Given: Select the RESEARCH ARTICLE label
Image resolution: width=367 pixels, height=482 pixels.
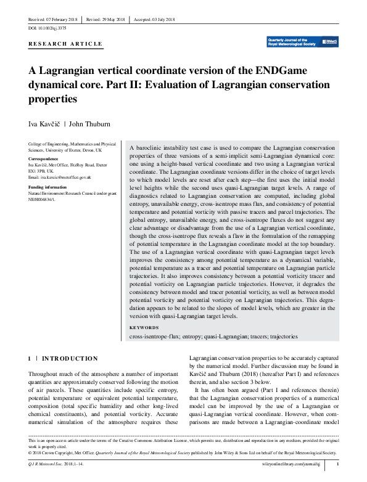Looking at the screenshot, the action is click(x=65, y=44).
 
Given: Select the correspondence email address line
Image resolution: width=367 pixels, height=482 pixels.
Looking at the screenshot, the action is click(x=60, y=178).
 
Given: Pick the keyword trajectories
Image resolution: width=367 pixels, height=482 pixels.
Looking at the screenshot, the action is click(x=282, y=337).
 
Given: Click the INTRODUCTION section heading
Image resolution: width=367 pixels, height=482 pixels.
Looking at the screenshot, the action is click(x=70, y=358).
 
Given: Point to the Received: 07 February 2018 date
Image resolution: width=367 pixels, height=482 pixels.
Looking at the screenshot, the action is click(x=53, y=20).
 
